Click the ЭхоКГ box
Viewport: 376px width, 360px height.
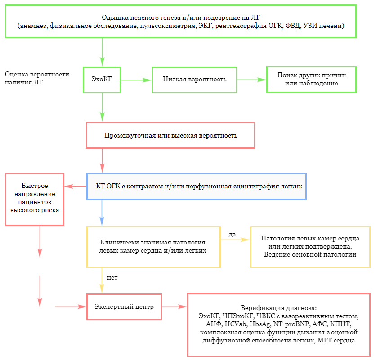coord(102,80)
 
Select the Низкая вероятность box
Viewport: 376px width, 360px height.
coord(194,80)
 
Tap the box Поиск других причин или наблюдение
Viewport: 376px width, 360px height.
coord(311,80)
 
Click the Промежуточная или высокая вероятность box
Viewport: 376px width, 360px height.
coord(170,135)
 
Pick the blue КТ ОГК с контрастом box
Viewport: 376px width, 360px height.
coord(197,186)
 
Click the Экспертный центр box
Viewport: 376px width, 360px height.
coord(124,307)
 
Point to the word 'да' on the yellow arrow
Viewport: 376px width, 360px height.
coord(233,234)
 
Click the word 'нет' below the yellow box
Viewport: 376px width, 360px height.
coord(112,277)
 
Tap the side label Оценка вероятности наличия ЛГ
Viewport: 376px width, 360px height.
coord(37,79)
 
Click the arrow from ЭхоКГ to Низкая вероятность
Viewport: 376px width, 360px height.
coord(136,80)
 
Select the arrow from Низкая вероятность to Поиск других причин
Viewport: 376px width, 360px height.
coord(251,80)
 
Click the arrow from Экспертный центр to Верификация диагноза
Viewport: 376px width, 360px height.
coord(174,307)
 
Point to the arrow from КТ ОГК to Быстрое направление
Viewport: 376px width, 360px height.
coord(75,186)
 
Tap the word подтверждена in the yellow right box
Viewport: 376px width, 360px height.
coord(330,247)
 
